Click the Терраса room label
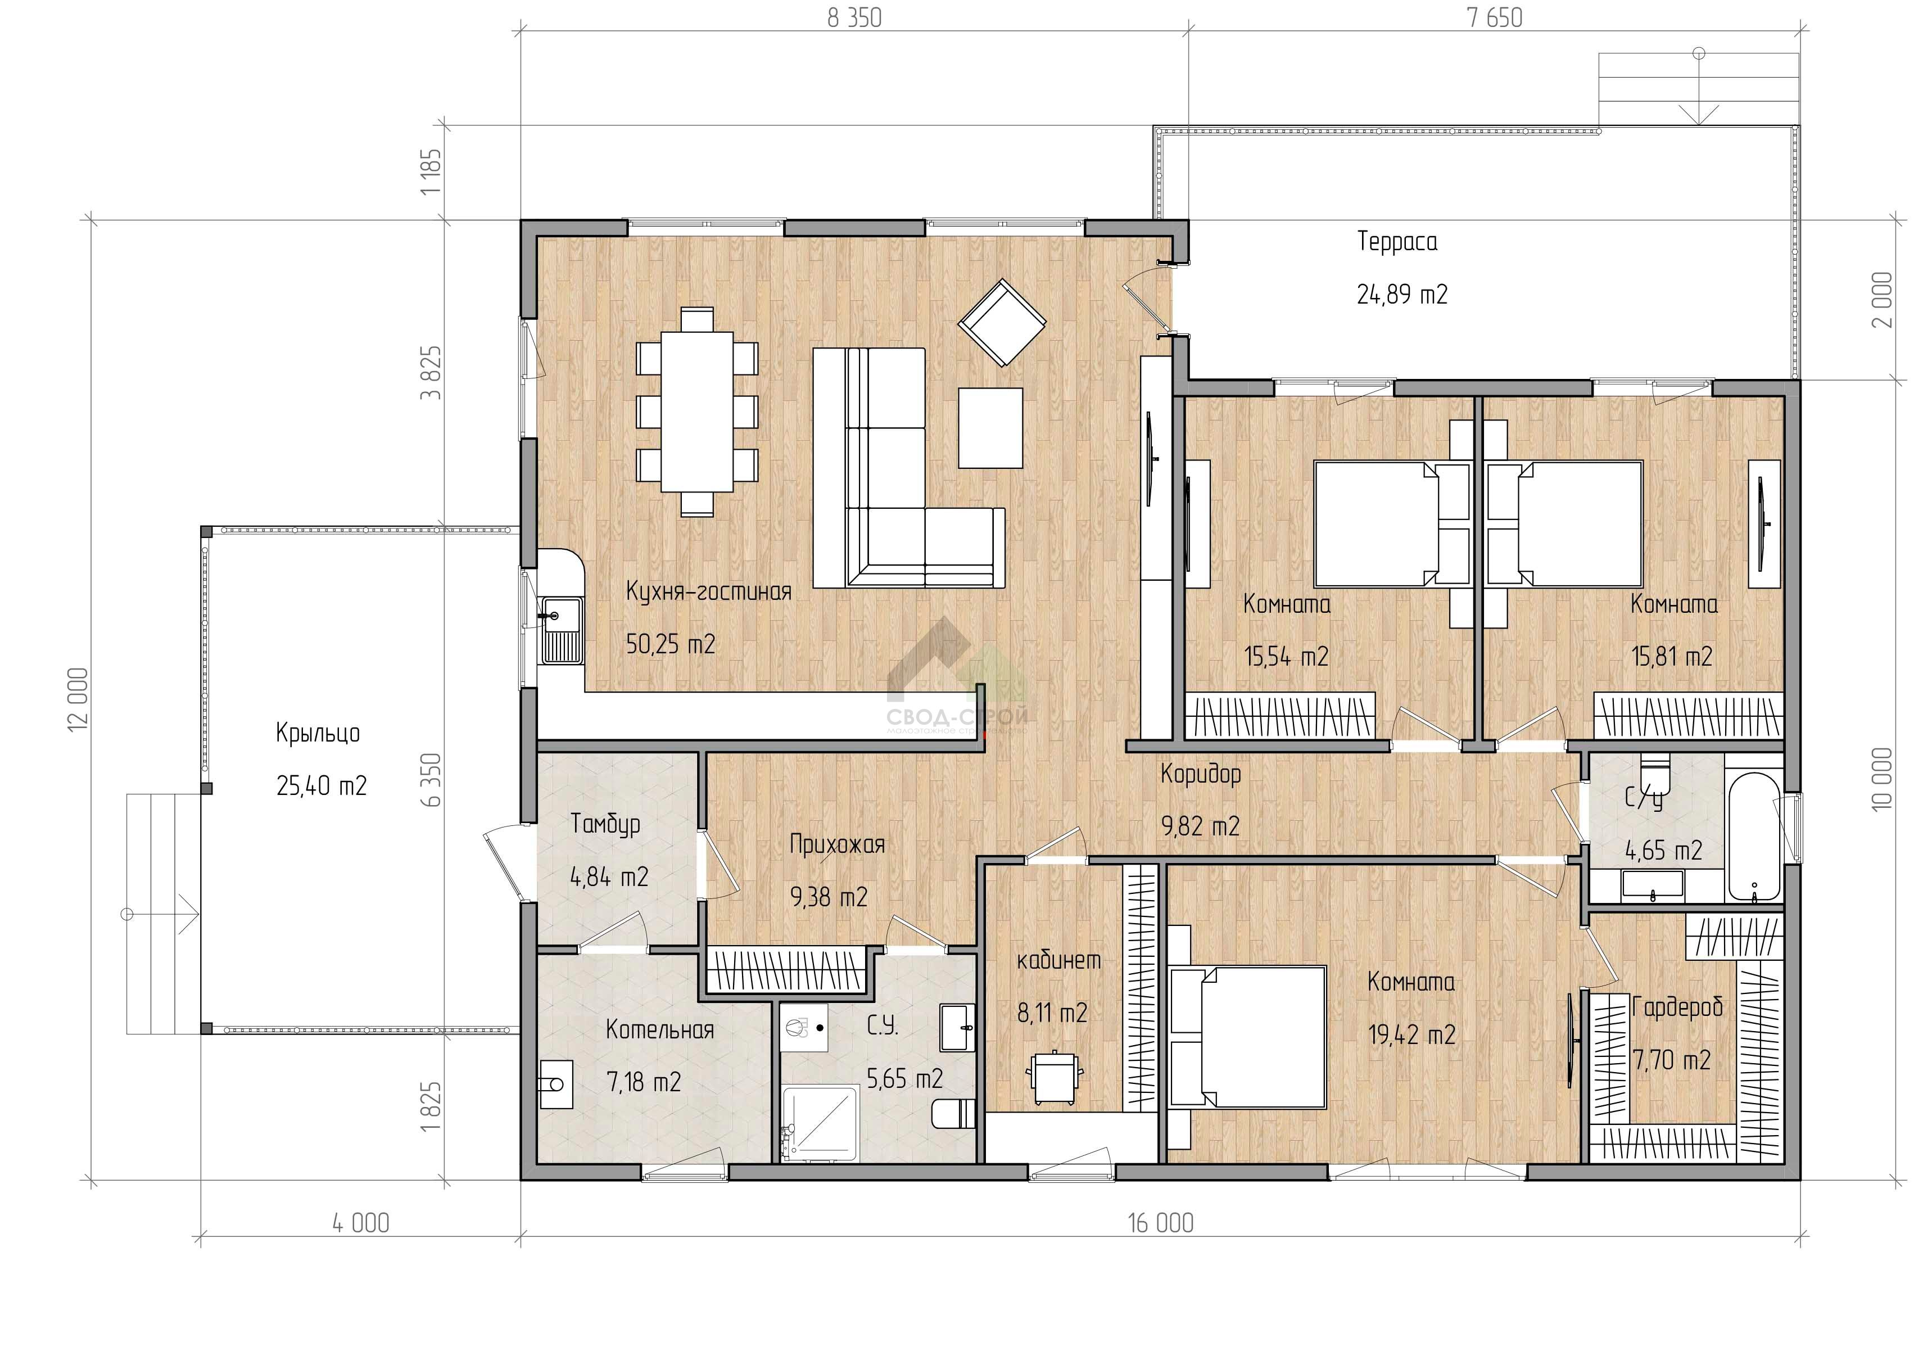[1397, 242]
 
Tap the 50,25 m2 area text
[670, 644]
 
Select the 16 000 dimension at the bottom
[1160, 1223]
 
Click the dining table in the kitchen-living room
[698, 412]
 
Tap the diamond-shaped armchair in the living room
[1002, 323]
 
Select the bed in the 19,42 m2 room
[1247, 1037]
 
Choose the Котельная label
[659, 1030]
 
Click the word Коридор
[1201, 775]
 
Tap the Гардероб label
[1676, 1008]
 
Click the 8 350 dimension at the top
[854, 17]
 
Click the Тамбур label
[605, 825]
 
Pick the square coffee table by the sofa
[990, 428]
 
